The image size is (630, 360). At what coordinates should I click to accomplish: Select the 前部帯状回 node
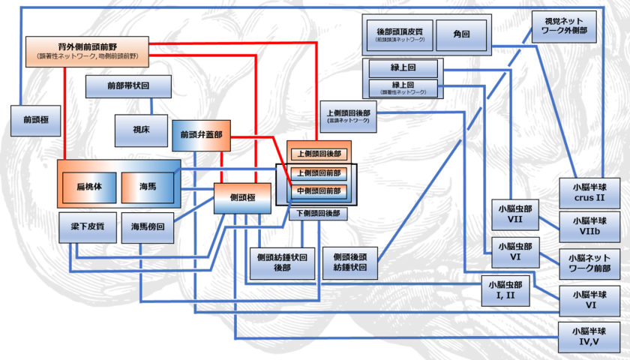coord(123,86)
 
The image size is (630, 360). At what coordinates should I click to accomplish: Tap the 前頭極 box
coord(35,120)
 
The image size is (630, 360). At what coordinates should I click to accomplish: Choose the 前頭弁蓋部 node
coord(200,135)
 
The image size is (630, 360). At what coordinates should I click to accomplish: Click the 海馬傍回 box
coord(147,226)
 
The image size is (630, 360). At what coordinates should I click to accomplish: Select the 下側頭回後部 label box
coord(318,214)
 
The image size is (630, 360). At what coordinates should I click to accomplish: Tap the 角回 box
coord(460,34)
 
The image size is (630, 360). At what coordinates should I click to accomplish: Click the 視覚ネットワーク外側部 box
coord(565,28)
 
